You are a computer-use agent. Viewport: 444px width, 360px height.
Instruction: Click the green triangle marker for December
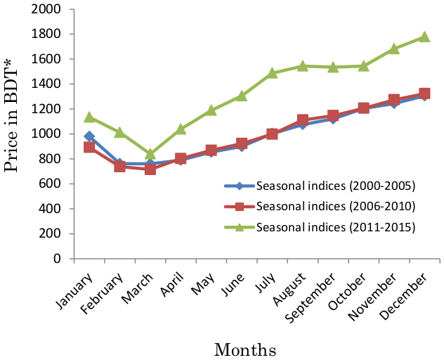(424, 37)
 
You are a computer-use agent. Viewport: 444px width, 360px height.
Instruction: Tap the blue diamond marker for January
(89, 136)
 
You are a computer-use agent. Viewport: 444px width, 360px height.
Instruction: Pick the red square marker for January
(89, 148)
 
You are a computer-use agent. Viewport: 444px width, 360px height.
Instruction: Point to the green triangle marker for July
(272, 72)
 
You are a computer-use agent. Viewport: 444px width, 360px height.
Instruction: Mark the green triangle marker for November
(394, 49)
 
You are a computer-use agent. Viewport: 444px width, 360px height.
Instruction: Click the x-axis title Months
(245, 349)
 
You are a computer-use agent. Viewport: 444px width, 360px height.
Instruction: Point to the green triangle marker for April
(181, 129)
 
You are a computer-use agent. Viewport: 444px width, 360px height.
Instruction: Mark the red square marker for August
(302, 120)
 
